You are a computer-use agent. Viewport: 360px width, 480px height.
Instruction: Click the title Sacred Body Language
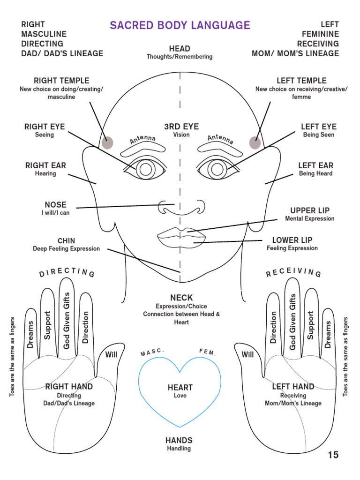[180, 25]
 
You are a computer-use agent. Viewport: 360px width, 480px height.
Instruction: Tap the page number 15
[333, 455]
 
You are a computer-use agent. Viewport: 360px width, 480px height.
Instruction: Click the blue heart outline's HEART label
[180, 388]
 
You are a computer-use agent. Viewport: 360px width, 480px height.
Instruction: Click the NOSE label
[55, 205]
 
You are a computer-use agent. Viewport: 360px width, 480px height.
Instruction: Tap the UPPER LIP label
[309, 210]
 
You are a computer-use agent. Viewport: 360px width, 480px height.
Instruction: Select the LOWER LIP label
[292, 240]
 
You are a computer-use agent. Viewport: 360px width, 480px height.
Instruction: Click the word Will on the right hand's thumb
[111, 354]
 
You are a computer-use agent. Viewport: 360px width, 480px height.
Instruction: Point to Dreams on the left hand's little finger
[328, 334]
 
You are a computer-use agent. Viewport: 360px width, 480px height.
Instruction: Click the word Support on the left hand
[310, 325]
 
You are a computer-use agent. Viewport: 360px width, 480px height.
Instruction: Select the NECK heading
[181, 298]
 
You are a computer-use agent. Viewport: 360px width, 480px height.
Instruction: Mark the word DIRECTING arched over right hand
[67, 272]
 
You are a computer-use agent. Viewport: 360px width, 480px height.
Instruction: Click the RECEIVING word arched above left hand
[293, 272]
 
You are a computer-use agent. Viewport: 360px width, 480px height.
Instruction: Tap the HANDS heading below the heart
[179, 440]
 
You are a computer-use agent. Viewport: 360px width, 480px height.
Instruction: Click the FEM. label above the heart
[208, 352]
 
